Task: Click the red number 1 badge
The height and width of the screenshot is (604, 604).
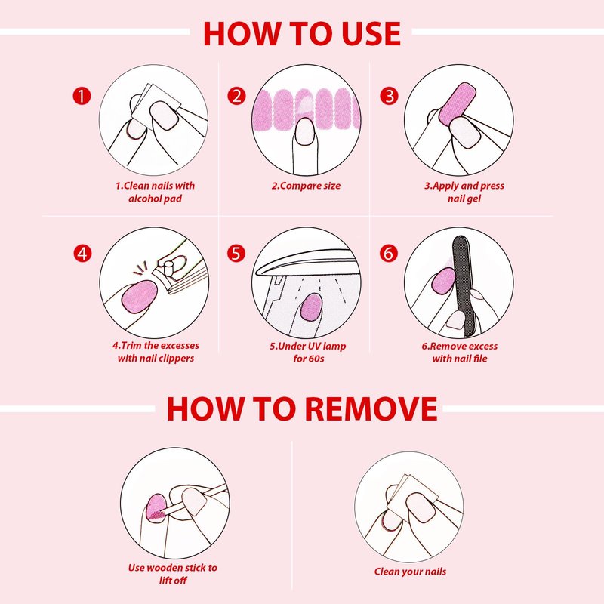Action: pos(82,96)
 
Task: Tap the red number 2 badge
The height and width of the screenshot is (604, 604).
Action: pos(236,96)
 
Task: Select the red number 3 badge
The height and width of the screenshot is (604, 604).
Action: pos(389,96)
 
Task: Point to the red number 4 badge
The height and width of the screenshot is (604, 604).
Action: pos(82,254)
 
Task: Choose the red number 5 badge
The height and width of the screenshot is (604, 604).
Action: pos(236,254)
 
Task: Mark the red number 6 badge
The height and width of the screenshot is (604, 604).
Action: pos(388,254)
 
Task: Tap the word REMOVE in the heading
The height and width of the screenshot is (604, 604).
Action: pos(371,408)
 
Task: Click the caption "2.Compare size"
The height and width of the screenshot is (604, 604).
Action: pos(306,186)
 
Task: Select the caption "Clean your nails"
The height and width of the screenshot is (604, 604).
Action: pos(410,572)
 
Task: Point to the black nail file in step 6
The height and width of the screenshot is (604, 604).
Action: pos(464,285)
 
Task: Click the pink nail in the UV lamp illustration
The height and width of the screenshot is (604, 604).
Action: pos(311,307)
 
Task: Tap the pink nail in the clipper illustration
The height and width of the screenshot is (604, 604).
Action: pos(140,296)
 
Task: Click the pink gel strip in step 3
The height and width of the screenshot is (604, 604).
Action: pos(457,104)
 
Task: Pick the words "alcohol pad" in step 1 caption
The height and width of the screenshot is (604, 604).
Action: pos(155,199)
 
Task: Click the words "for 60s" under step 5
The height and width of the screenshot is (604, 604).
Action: pos(308,359)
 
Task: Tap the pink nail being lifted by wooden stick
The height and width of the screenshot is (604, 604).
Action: pos(157,506)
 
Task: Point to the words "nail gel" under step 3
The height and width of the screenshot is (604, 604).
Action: pos(464,199)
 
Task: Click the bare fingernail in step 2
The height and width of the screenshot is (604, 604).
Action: pos(305,131)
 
